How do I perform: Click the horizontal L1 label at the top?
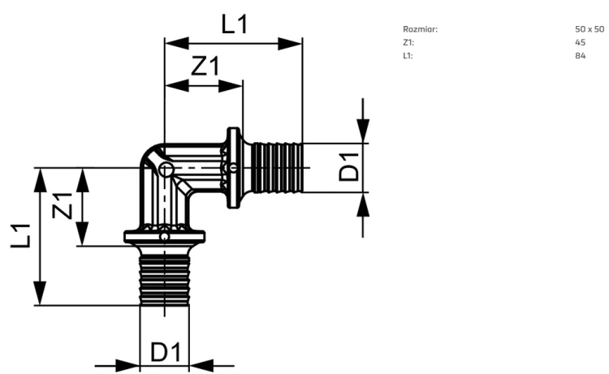tap(234, 24)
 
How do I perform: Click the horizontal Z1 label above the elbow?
tap(205, 66)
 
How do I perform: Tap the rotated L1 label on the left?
tap(20, 236)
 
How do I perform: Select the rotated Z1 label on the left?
tap(63, 205)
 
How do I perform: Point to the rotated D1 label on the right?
tap(349, 167)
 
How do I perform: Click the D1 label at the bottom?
tap(166, 352)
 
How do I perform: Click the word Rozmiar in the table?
tap(421, 29)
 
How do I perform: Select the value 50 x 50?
tap(590, 29)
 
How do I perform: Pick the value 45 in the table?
tap(581, 42)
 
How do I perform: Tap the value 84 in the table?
tap(581, 55)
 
